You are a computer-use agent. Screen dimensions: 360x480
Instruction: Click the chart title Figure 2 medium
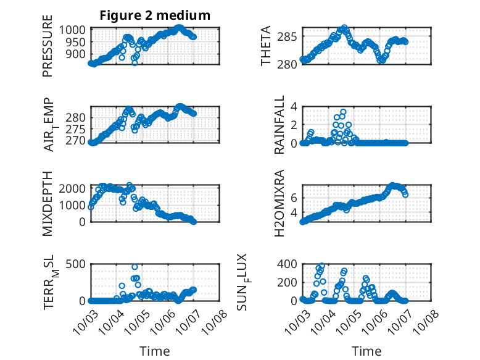point(155,15)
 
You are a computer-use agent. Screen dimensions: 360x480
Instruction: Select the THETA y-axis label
point(266,46)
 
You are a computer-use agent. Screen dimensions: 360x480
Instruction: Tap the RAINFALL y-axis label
point(279,124)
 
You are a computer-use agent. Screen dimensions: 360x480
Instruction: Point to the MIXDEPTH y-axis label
point(48,203)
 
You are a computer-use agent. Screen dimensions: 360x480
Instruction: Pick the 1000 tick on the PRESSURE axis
point(77,30)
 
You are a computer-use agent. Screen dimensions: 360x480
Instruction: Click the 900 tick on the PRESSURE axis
point(80,54)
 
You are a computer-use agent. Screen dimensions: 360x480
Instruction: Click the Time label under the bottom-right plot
point(366,351)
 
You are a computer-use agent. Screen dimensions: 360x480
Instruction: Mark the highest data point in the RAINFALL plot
point(343,112)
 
